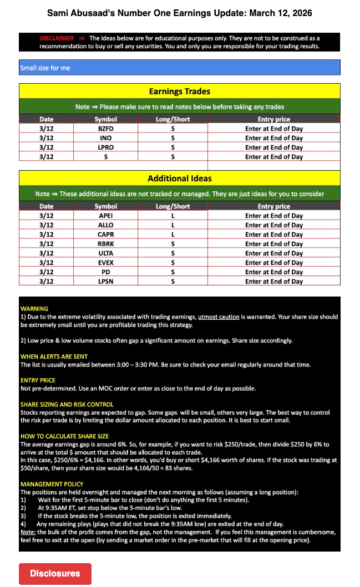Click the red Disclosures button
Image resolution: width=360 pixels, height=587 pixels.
pyautogui.click(x=55, y=574)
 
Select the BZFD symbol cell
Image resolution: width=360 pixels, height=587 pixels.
pyautogui.click(x=105, y=129)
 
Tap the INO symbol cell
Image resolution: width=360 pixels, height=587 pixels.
pyautogui.click(x=105, y=138)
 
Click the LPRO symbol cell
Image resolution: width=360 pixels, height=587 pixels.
pyautogui.click(x=105, y=147)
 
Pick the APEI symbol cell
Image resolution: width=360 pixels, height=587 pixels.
pyautogui.click(x=105, y=216)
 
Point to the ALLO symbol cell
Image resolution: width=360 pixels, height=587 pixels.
pyautogui.click(x=105, y=225)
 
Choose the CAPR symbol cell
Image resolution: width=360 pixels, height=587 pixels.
pyautogui.click(x=105, y=234)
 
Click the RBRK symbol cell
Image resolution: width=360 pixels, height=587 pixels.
pyautogui.click(x=105, y=244)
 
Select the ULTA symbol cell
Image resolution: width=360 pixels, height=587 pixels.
pyautogui.click(x=105, y=253)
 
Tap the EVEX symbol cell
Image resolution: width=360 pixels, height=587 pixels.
pyautogui.click(x=105, y=263)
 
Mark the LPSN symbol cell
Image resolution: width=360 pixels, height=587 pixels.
pyautogui.click(x=105, y=282)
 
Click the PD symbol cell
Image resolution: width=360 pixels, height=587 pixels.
pyautogui.click(x=105, y=272)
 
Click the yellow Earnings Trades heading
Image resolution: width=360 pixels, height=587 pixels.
pyautogui.click(x=179, y=91)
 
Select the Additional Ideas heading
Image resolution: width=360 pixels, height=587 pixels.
pyautogui.click(x=179, y=178)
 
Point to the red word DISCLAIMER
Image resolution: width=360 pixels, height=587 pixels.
pyautogui.click(x=57, y=38)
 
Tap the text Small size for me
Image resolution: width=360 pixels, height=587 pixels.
pyautogui.click(x=45, y=68)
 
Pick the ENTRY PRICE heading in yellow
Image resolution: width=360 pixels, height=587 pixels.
pyautogui.click(x=38, y=380)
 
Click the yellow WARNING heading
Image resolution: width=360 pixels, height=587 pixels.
pyautogui.click(x=34, y=309)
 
